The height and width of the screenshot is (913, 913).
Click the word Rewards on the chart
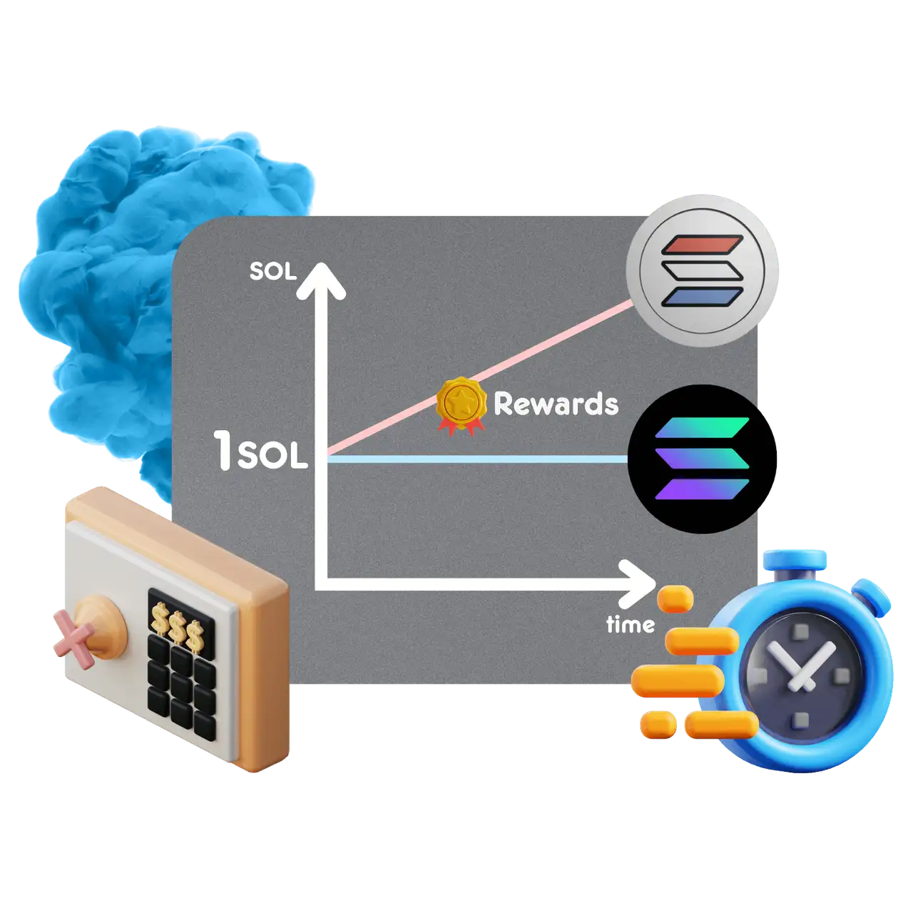click(556, 404)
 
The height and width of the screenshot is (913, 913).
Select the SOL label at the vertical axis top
click(272, 272)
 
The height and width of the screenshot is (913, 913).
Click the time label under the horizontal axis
click(630, 625)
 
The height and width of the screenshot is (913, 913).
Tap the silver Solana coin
click(703, 272)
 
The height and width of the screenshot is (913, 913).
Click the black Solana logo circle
click(702, 459)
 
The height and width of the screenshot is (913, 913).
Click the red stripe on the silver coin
click(703, 245)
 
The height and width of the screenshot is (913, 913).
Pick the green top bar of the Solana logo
click(702, 427)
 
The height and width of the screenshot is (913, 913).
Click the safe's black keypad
click(181, 681)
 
